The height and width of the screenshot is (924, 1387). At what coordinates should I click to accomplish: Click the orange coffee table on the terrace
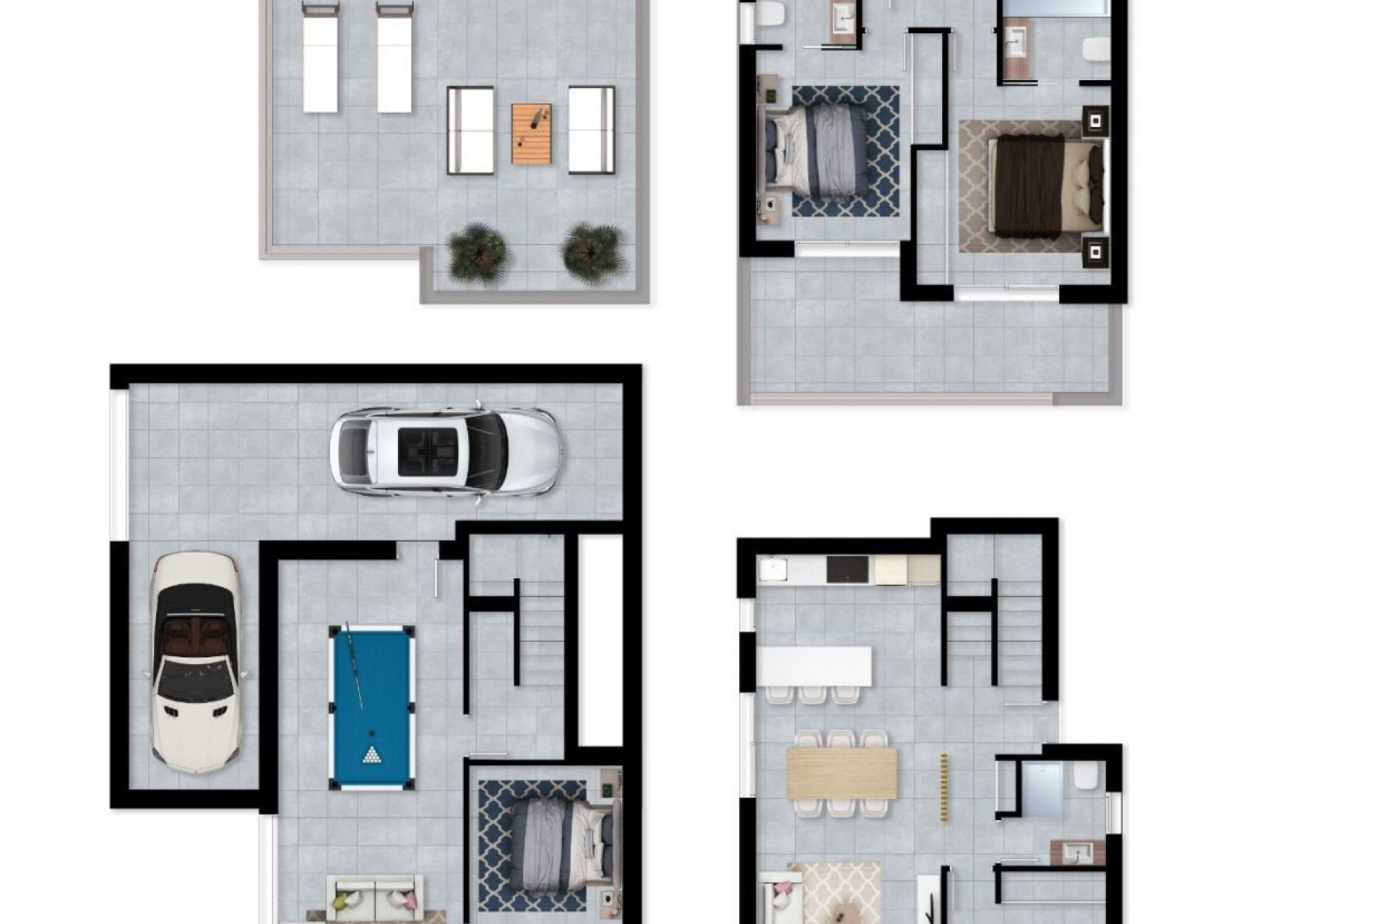[x=532, y=134]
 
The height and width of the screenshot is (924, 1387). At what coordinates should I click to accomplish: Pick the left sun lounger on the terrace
[x=321, y=58]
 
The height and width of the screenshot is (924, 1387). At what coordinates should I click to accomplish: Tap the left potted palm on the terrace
[x=477, y=253]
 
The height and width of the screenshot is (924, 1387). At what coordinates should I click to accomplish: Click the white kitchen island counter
[x=814, y=666]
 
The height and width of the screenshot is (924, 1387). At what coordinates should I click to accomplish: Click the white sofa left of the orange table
[x=470, y=131]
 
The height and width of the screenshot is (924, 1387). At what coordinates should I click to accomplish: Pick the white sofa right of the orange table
[x=591, y=131]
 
